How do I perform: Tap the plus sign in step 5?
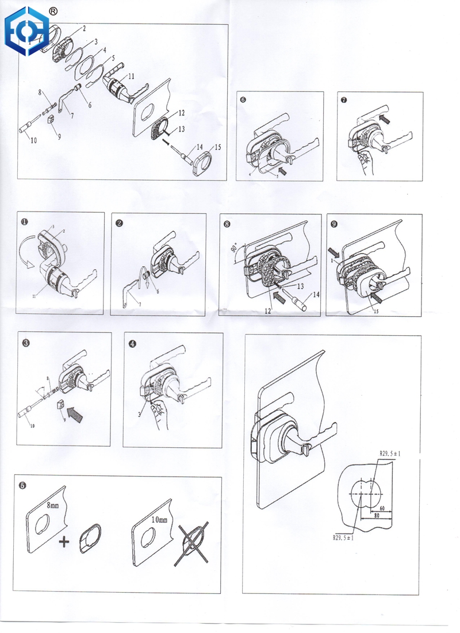click(68, 542)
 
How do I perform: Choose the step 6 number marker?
click(243, 99)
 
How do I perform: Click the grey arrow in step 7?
click(384, 117)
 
